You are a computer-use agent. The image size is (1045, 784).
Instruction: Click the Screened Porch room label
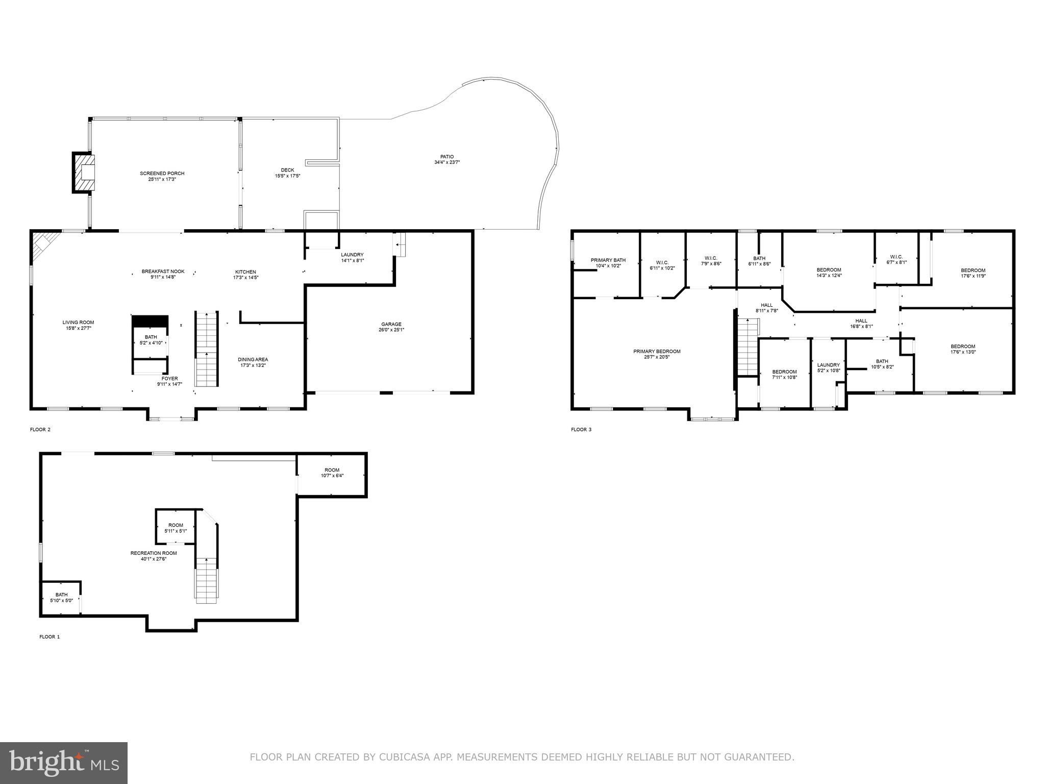tap(162, 176)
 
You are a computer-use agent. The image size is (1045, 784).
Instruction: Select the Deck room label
tap(287, 173)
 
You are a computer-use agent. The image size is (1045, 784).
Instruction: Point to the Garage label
tap(391, 327)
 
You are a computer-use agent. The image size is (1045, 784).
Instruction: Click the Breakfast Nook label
tap(163, 274)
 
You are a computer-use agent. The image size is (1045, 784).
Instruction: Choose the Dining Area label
tap(254, 362)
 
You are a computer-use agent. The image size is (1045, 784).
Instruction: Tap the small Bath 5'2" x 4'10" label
tap(151, 339)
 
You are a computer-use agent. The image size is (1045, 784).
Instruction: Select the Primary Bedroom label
tap(657, 354)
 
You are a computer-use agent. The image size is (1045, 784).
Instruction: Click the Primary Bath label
tap(608, 262)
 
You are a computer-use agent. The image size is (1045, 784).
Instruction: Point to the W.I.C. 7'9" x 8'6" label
tap(711, 260)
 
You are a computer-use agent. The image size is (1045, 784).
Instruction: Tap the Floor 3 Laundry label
tap(828, 367)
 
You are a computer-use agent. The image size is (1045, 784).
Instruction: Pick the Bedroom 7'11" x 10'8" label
tap(784, 374)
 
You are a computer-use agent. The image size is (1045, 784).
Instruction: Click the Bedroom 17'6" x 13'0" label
tap(962, 349)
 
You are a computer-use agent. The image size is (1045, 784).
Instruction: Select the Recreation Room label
tap(154, 555)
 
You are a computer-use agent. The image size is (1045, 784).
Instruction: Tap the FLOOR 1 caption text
tap(49, 636)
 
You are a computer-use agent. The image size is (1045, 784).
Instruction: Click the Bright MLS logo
tap(64, 763)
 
